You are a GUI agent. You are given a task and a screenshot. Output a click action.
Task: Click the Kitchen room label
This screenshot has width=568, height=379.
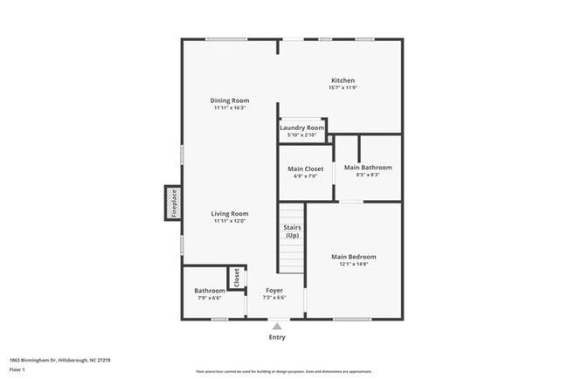[x=343, y=80]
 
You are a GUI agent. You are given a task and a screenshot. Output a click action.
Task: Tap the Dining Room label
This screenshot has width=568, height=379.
[x=230, y=100]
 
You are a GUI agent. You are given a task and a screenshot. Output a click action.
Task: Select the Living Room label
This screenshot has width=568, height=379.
[x=230, y=214]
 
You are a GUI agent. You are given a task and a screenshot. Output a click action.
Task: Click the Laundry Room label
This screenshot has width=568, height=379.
[x=301, y=128]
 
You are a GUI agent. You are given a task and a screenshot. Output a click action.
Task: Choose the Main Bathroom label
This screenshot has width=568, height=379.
[x=368, y=168]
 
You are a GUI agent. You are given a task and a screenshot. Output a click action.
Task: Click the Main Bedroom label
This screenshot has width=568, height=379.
[x=354, y=257]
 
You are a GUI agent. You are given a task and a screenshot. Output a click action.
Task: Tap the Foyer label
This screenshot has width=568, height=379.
[x=274, y=290]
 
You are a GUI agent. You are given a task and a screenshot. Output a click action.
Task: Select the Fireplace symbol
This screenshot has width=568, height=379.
[x=173, y=203]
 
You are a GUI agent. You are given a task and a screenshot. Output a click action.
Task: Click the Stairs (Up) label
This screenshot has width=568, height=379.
[x=292, y=231]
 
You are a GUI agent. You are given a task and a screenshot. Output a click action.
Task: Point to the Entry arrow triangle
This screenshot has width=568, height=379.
[x=277, y=326]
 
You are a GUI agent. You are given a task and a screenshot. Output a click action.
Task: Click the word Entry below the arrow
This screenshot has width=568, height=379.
[x=277, y=337]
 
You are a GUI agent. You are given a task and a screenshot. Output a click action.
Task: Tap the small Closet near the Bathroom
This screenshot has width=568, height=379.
[x=236, y=278]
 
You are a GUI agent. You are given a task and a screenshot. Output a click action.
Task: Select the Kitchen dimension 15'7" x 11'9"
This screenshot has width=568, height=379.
[x=343, y=87]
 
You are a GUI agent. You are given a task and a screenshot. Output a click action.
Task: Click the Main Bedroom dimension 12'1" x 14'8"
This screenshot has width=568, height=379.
[x=354, y=264]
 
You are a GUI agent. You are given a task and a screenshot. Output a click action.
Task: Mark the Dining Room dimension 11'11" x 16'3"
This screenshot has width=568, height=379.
[x=230, y=107]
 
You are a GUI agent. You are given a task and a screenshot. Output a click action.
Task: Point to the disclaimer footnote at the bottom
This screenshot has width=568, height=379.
[x=283, y=371]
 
